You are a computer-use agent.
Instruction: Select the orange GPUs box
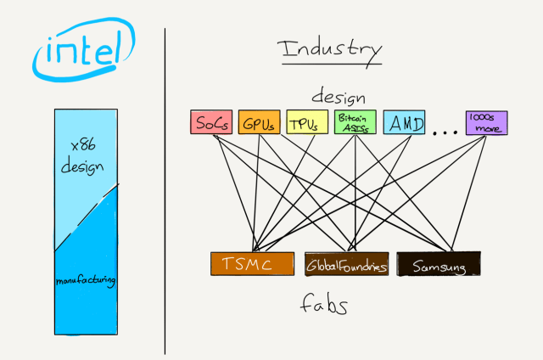click(x=258, y=123)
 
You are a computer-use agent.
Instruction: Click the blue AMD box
click(x=404, y=123)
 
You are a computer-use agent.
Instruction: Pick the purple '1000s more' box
click(x=485, y=123)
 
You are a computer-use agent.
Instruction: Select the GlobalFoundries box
click(x=346, y=265)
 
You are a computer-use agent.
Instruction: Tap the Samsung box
click(x=438, y=265)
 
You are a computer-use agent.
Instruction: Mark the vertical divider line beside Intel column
click(x=165, y=187)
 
